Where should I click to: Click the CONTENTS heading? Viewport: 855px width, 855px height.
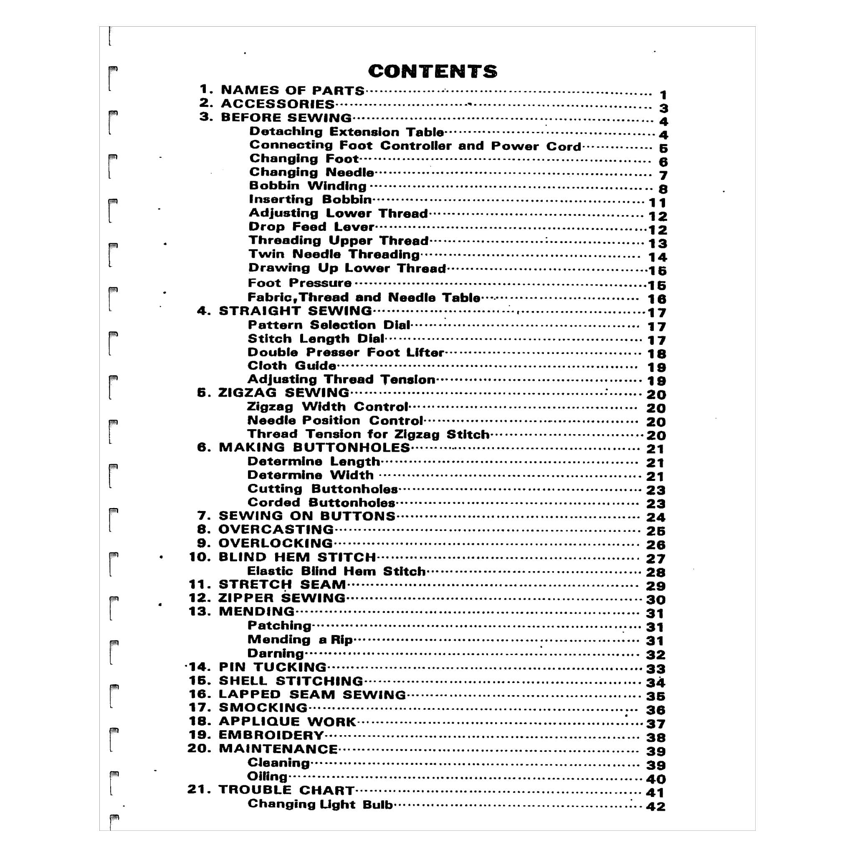pos(433,71)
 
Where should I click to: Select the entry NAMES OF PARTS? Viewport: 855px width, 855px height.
pos(293,90)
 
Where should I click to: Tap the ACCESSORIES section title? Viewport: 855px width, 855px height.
pos(278,104)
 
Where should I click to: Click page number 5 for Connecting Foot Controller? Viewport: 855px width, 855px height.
pos(663,148)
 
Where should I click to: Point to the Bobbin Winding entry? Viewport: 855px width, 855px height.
pos(308,186)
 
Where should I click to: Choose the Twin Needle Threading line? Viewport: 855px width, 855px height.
pos(334,255)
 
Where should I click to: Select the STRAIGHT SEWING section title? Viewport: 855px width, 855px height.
pos(295,311)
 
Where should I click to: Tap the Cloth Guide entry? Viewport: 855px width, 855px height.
pos(291,366)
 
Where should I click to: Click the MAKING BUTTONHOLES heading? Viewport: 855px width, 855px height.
pos(314,448)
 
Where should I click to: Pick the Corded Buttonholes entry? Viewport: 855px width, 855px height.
pos(321,503)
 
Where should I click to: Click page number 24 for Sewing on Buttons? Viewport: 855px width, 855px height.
pos(655,517)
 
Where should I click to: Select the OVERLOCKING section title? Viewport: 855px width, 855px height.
pos(275,544)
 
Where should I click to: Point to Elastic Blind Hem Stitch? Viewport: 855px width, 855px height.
pos(336,572)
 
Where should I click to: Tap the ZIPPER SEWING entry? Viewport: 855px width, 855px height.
pos(281,598)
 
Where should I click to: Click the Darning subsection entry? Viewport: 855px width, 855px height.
pos(275,654)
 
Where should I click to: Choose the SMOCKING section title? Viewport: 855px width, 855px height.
pos(263,708)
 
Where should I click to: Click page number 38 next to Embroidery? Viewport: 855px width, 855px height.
pos(655,737)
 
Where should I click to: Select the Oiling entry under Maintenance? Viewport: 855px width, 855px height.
pos(267,777)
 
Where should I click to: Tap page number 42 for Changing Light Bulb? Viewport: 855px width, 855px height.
pos(655,806)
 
